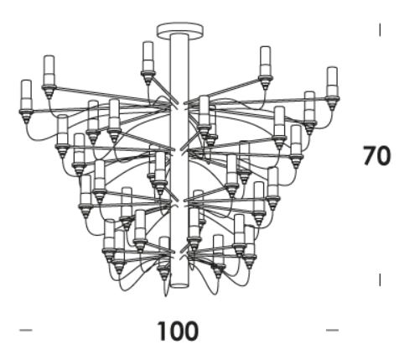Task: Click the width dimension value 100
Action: coord(178,331)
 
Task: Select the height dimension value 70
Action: coord(376,156)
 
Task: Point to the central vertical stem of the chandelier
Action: coord(179,160)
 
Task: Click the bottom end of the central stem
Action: coord(179,286)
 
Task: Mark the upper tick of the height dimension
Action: coord(380,30)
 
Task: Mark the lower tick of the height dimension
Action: coord(380,279)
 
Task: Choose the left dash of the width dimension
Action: coord(26,331)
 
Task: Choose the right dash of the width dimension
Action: coord(333,331)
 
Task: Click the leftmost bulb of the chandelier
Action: coord(27,95)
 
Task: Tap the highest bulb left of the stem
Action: coord(148,56)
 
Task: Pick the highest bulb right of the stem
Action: coord(265,61)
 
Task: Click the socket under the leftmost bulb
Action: coord(26,116)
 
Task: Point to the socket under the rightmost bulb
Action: coord(332,103)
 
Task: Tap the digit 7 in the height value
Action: coord(370,156)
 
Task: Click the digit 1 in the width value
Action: coord(163,331)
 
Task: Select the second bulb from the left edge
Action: coord(49,70)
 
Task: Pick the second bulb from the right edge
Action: coord(309,107)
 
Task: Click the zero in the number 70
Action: coord(383,156)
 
